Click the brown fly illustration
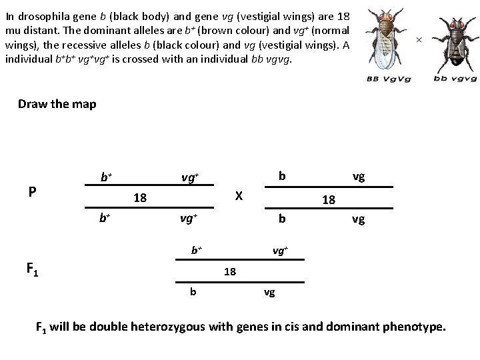click(x=388, y=40)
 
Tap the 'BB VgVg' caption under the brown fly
click(x=388, y=79)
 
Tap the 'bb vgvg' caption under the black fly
click(x=455, y=79)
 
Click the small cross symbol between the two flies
click(x=419, y=39)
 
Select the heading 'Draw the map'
click(x=57, y=104)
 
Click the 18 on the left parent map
click(x=140, y=197)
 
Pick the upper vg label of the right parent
click(x=359, y=177)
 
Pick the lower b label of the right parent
click(x=282, y=219)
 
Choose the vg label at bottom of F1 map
click(x=270, y=291)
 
